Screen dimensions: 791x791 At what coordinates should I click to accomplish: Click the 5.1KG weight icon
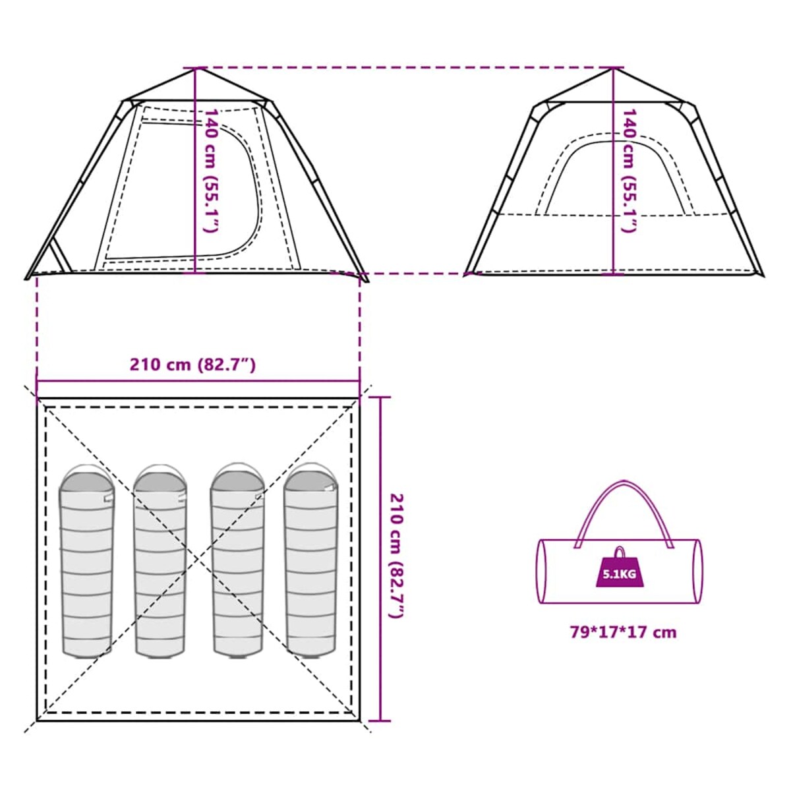620,567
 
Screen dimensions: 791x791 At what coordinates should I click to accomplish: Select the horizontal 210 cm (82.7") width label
192,365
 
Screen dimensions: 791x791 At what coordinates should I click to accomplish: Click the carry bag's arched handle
624,513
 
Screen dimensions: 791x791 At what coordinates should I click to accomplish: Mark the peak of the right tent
614,69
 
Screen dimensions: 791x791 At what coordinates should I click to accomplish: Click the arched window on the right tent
614,174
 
